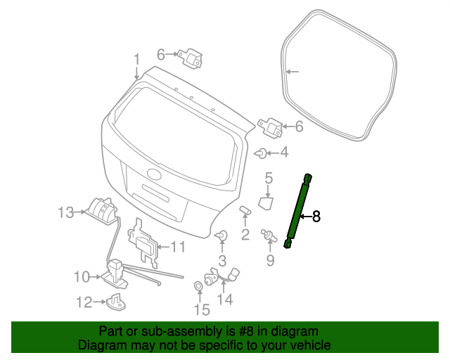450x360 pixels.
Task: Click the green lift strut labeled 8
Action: [298, 211]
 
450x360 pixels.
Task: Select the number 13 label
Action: [65, 212]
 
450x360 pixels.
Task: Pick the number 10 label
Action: [82, 276]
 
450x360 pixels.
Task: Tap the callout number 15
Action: [202, 309]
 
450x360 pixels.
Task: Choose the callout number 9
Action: [269, 261]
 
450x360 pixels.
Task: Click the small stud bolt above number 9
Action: [268, 235]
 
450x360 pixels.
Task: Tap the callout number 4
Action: [283, 152]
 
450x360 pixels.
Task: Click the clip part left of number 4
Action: [260, 152]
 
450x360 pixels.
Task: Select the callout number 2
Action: [245, 234]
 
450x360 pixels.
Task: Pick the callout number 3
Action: [221, 262]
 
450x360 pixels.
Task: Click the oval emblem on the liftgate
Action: [155, 175]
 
